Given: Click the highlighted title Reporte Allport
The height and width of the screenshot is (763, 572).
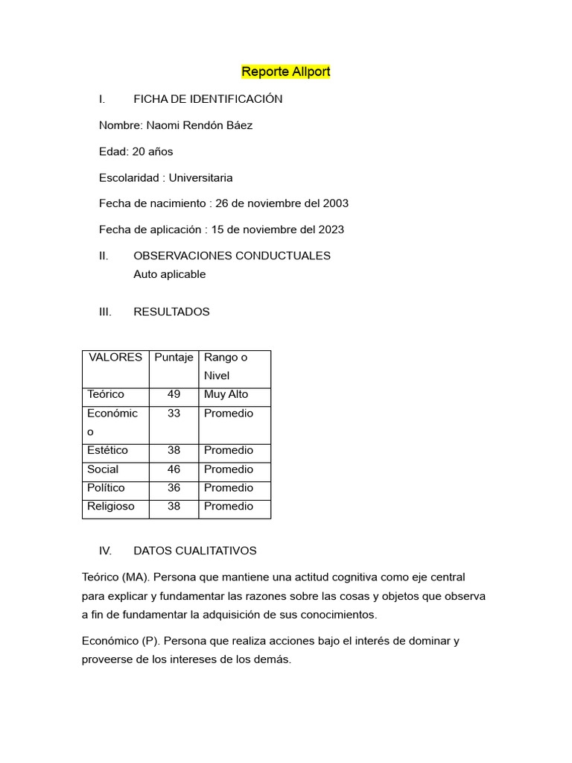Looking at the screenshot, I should click(285, 72).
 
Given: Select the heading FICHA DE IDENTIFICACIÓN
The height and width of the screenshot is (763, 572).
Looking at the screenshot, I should click(208, 99).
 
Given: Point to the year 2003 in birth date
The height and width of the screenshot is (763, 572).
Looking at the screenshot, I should click(334, 203).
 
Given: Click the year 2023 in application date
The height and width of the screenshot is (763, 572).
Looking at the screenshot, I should click(330, 229).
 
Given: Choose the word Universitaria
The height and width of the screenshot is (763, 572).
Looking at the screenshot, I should click(200, 177).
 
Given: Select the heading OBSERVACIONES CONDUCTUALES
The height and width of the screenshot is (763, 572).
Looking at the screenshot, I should click(232, 256).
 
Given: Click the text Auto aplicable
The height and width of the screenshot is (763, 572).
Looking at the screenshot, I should click(169, 274).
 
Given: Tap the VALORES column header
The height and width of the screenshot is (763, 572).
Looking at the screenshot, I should click(115, 357).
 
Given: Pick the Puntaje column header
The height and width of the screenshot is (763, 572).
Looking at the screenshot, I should click(174, 357).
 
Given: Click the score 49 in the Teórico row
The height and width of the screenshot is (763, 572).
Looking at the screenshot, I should click(174, 394).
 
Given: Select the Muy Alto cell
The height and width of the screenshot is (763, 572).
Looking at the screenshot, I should click(226, 394).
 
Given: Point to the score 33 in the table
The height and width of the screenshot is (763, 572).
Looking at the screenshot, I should click(174, 414).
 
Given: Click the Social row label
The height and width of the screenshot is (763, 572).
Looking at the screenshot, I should click(103, 469).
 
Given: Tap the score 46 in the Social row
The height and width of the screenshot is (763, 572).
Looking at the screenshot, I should click(174, 469).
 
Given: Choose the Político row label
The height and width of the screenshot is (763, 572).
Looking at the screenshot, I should click(106, 488).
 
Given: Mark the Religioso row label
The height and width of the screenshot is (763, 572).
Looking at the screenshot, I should click(111, 507).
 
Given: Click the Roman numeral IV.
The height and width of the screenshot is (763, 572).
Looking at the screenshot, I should click(105, 551).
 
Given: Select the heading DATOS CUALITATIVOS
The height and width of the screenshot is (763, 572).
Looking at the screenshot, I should click(194, 551).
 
